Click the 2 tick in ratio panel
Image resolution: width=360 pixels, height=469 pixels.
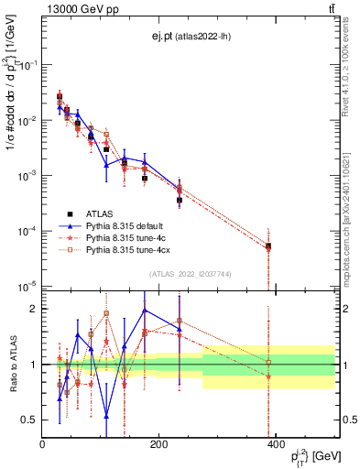[x=35, y=309]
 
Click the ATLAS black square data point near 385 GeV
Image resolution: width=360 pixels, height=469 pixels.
[x=268, y=246]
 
